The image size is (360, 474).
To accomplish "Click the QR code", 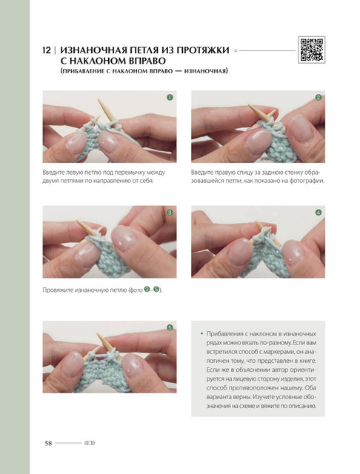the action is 312,50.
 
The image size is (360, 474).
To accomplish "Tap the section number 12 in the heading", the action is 47,50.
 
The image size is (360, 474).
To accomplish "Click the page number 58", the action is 48,443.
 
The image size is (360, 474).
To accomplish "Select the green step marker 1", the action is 170,97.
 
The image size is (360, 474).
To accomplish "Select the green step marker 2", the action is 319,97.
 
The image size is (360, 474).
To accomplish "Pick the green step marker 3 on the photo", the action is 170,213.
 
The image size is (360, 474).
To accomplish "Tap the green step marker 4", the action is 319,213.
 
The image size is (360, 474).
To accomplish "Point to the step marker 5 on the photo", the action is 170,327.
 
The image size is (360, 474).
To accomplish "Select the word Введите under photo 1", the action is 52,173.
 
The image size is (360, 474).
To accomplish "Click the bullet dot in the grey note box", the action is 201,334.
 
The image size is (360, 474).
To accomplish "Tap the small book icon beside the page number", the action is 90,443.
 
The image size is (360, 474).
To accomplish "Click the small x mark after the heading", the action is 236,51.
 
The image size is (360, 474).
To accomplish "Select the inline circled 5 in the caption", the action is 156,290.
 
